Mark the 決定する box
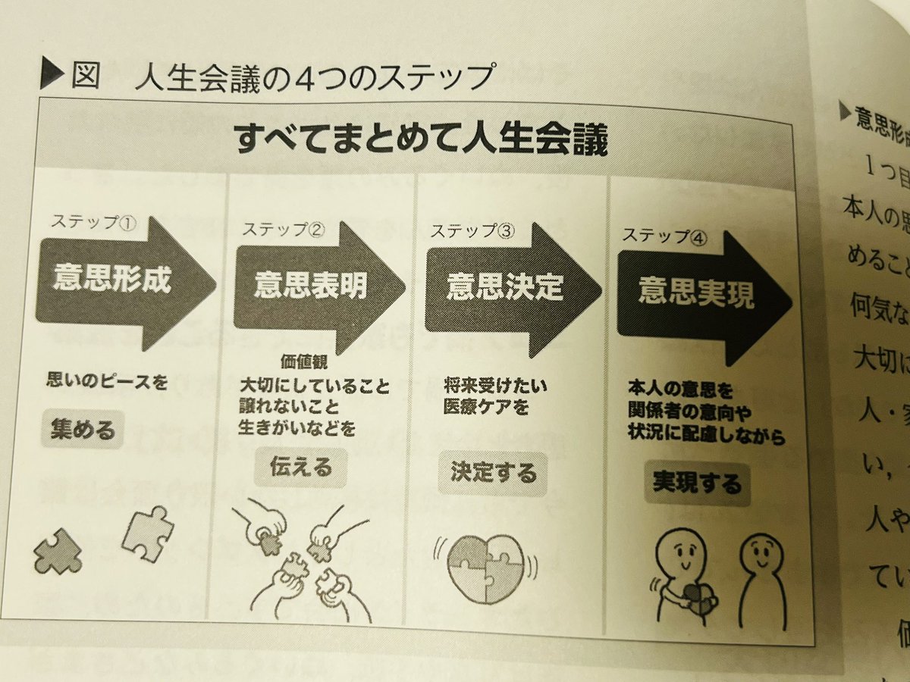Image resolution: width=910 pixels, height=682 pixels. click(x=492, y=474)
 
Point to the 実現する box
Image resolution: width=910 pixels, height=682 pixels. click(x=697, y=483)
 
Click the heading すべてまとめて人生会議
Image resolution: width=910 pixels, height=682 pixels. click(x=422, y=141)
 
